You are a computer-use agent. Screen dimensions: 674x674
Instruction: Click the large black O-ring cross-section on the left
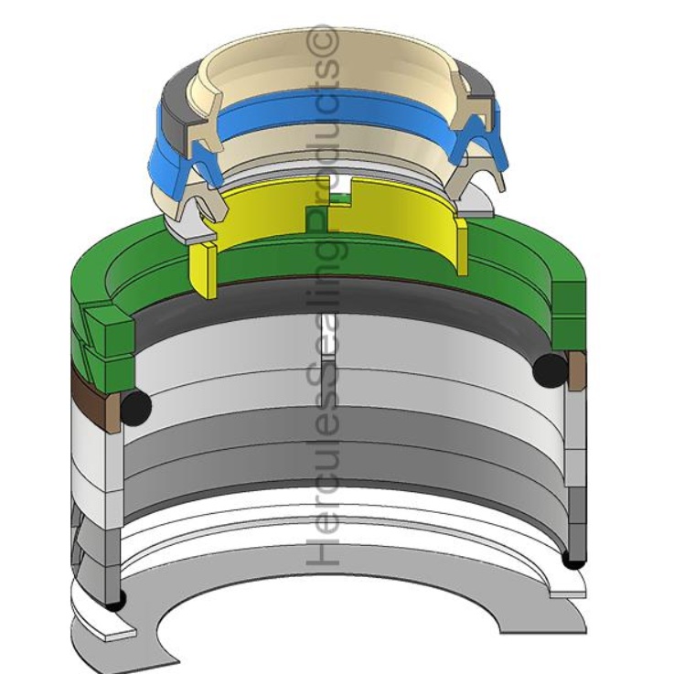point(136,407)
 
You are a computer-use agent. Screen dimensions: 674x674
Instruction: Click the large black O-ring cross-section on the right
point(550,369)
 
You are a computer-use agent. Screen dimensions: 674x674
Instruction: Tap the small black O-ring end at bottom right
point(573,561)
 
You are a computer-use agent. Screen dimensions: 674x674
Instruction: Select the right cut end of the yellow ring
point(462,247)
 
